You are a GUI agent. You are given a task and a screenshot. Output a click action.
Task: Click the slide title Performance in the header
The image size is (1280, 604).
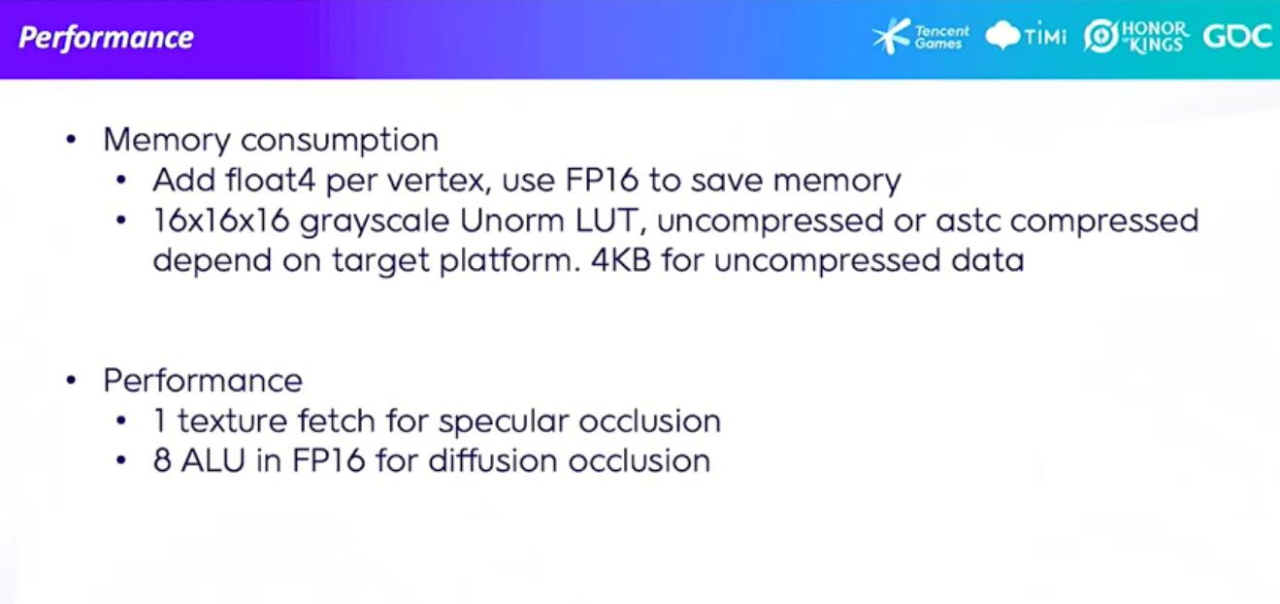(107, 39)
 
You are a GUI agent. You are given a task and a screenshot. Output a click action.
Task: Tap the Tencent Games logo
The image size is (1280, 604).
(921, 37)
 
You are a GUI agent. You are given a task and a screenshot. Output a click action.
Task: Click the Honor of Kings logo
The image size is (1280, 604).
(1136, 37)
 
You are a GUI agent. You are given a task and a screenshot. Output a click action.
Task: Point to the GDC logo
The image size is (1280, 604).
(1237, 37)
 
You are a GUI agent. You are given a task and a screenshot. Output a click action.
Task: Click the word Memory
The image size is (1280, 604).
(166, 141)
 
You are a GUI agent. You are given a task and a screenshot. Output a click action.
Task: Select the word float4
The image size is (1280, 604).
(271, 180)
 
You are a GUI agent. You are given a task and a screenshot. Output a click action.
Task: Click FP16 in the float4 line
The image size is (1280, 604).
(601, 180)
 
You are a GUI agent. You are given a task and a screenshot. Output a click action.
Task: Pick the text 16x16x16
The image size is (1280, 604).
(221, 220)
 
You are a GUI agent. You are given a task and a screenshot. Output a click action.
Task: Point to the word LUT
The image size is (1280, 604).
(610, 220)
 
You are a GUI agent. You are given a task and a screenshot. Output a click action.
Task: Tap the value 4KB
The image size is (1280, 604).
(620, 260)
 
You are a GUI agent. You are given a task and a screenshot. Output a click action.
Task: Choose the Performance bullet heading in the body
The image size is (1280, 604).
(203, 381)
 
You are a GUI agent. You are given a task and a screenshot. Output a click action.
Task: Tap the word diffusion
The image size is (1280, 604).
(493, 461)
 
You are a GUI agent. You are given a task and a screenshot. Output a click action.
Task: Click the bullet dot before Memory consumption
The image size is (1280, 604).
(71, 140)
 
